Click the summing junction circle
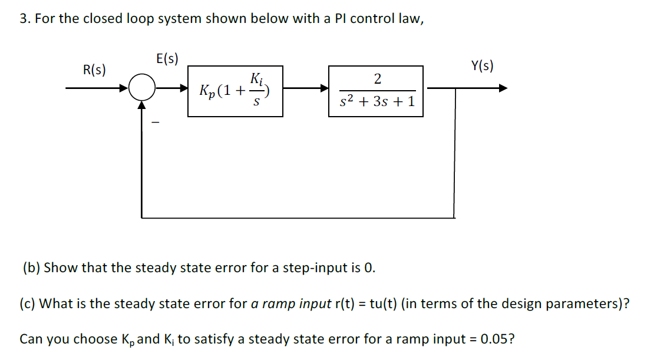pyautogui.click(x=141, y=89)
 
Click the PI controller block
pyautogui.click(x=235, y=91)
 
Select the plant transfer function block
pyautogui.click(x=375, y=91)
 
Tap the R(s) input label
pyautogui.click(x=95, y=71)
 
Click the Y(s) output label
pyautogui.click(x=483, y=66)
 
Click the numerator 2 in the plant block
pyautogui.click(x=377, y=78)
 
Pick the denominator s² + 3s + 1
pyautogui.click(x=378, y=102)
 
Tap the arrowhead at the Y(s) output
pyautogui.click(x=503, y=89)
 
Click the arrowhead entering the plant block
pyautogui.click(x=324, y=89)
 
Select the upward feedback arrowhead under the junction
pyautogui.click(x=141, y=105)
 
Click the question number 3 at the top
pyautogui.click(x=23, y=18)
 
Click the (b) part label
pyautogui.click(x=31, y=267)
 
